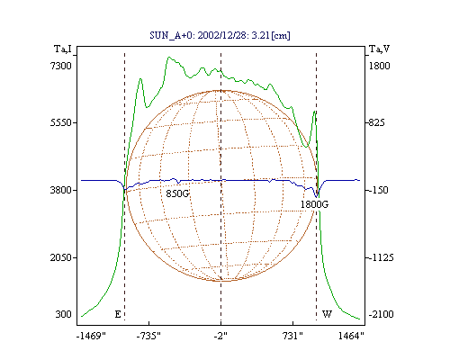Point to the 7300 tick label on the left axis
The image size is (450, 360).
61,66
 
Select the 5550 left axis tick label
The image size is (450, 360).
61,122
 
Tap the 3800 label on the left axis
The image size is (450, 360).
61,190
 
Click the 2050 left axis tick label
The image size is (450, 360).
61,257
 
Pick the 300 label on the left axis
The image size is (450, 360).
64,314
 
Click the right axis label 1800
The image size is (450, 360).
380,66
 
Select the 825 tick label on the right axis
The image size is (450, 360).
376,122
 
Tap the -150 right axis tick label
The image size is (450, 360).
378,190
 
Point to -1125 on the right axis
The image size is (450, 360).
381,257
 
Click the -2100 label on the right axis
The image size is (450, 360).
381,314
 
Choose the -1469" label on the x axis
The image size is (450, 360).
91,336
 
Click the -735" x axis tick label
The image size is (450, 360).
148,336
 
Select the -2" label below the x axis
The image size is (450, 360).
220,336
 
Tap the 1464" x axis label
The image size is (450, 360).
351,336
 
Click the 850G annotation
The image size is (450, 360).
177,193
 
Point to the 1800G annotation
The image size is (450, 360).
314,204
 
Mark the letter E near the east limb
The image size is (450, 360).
118,314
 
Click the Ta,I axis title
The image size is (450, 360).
63,49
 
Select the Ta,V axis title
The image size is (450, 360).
379,49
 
